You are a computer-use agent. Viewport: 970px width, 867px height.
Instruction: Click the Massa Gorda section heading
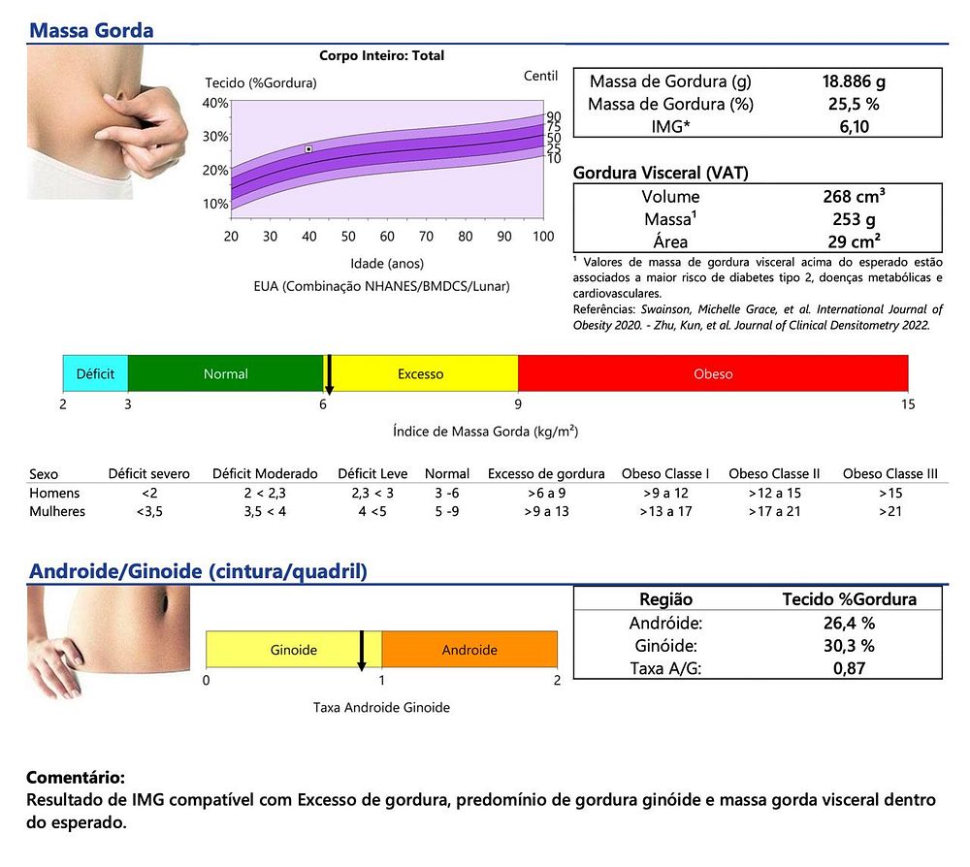point(91,29)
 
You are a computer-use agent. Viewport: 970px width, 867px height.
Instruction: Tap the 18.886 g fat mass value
point(853,80)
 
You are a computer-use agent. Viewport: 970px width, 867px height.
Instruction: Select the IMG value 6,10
point(853,126)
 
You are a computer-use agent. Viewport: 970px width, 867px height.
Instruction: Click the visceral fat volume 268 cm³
point(853,197)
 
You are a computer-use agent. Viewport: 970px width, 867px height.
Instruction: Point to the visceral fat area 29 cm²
point(853,241)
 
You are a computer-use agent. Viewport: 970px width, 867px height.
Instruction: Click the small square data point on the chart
point(308,149)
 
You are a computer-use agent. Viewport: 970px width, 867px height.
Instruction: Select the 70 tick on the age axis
point(426,237)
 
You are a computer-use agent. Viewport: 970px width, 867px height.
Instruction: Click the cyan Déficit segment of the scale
point(95,373)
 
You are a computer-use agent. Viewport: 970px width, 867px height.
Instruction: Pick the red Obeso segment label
point(713,373)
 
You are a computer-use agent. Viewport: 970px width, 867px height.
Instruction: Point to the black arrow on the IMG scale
point(329,375)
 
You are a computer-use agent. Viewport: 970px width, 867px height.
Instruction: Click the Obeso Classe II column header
point(774,474)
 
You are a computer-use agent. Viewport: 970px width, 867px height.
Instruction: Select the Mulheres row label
point(57,511)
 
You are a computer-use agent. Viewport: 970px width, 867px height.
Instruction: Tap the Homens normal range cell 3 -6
point(446,493)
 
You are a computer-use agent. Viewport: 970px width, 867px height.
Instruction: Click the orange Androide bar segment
point(469,650)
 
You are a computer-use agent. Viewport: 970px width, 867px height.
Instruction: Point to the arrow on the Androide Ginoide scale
point(362,652)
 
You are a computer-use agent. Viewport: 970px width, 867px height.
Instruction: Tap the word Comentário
point(75,779)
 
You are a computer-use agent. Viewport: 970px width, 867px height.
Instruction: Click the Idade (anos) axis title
point(387,264)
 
